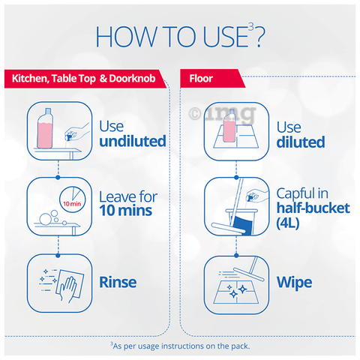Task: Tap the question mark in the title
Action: [x=259, y=37]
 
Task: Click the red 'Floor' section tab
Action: [x=212, y=79]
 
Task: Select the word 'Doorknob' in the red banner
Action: [x=132, y=79]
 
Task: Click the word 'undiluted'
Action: [x=133, y=141]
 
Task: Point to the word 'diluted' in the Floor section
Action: [x=301, y=142]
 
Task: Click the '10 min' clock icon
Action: [x=73, y=199]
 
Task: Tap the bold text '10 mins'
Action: [x=126, y=211]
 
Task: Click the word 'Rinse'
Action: [x=118, y=282]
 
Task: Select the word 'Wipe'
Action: [x=295, y=283]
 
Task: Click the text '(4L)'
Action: [x=288, y=223]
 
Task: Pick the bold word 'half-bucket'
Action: [x=313, y=208]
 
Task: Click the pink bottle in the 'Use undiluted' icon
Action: [x=45, y=129]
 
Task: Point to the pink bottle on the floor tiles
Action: [x=229, y=126]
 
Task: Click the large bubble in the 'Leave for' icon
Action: [x=45, y=219]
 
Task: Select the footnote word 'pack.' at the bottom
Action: [x=241, y=346]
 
